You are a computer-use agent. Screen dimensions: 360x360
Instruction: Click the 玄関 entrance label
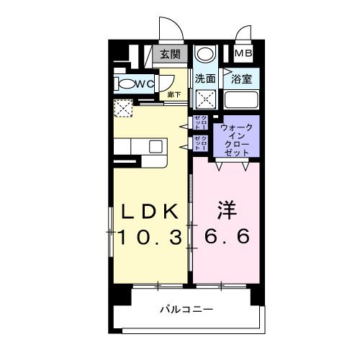170,55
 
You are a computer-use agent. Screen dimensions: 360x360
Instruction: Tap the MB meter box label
243,54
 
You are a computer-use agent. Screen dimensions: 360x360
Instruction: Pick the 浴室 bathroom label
240,78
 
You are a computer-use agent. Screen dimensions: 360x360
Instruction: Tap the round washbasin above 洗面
204,55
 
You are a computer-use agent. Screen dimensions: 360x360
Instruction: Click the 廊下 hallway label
174,94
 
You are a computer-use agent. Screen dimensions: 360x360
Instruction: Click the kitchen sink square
156,146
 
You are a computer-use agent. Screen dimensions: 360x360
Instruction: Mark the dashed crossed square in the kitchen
124,109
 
